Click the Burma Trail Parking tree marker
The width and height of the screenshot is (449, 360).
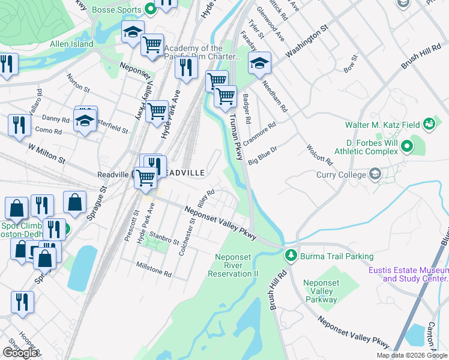coord(291,256)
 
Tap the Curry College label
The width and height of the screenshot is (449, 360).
coord(341,175)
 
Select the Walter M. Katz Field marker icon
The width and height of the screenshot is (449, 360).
coord(429,124)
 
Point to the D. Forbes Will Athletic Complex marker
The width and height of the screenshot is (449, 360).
coord(406,145)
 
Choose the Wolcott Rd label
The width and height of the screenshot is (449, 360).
coord(319,152)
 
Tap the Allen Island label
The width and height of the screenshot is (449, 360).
coord(71,44)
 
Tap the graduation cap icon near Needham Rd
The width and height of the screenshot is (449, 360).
coord(259,62)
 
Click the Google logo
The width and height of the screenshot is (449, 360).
coord(20,353)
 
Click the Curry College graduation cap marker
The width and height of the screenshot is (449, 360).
coord(375,175)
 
